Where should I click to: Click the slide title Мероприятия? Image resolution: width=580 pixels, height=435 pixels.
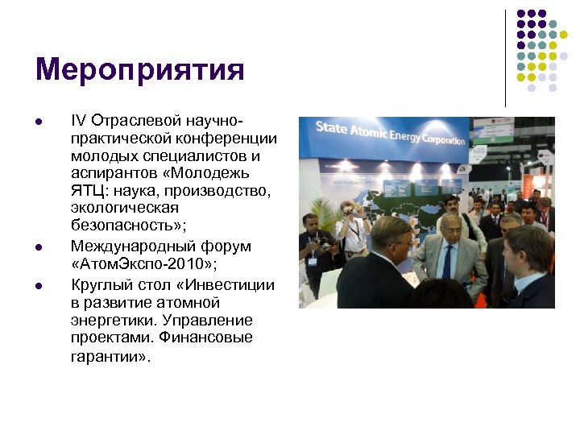[x=139, y=70]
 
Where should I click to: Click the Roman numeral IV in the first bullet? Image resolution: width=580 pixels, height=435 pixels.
[x=78, y=120]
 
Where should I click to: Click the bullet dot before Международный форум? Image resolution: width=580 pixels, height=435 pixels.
[x=38, y=246]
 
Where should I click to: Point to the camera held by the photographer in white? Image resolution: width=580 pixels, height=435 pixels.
[x=348, y=210]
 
